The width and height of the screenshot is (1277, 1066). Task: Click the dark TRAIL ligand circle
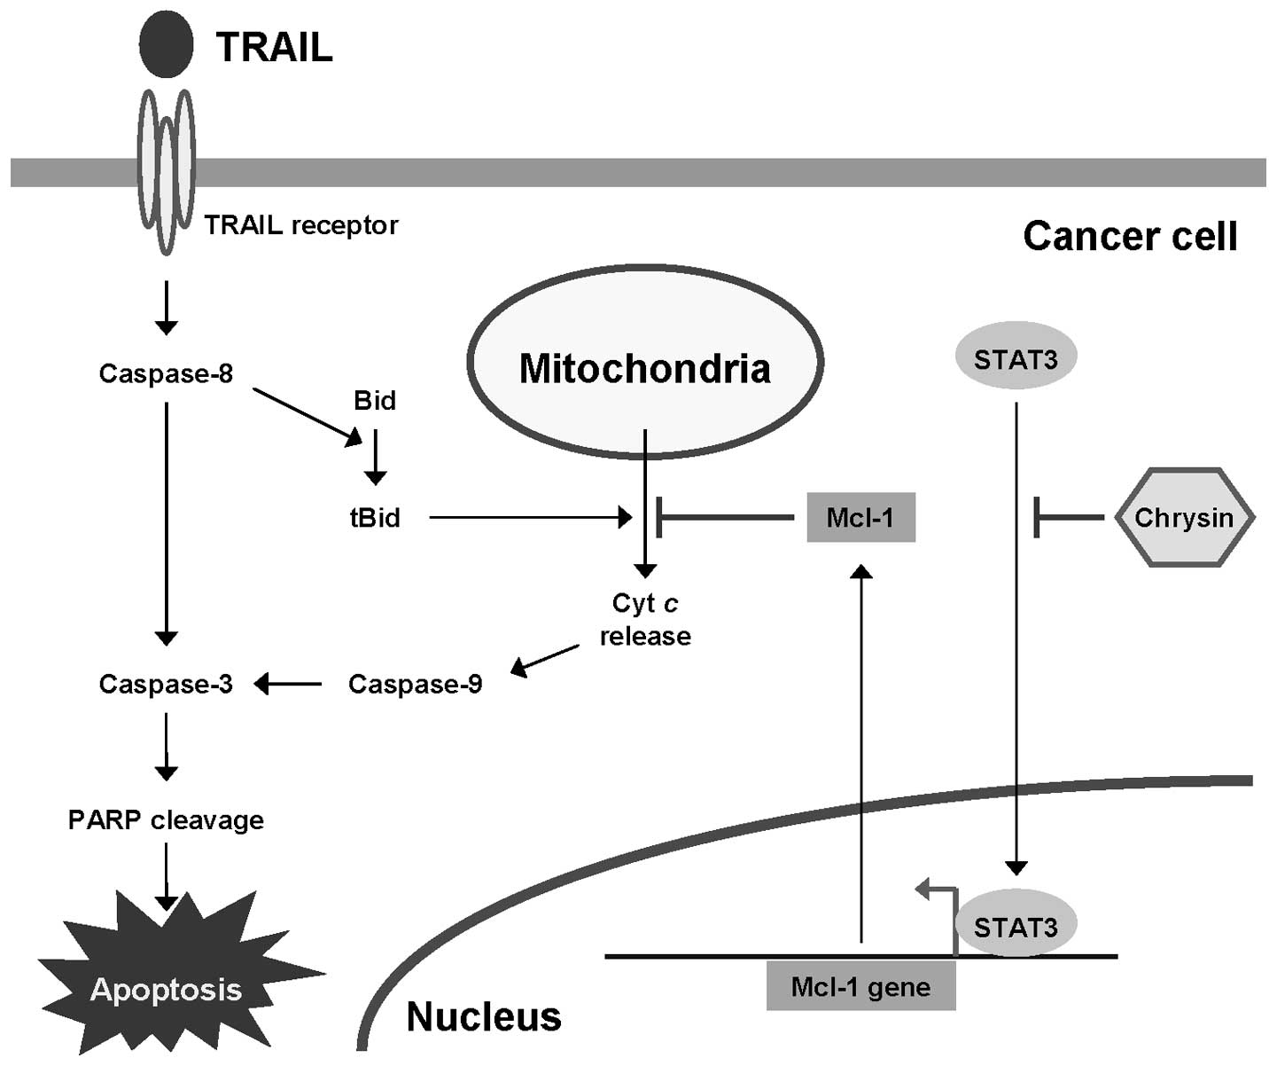pyautogui.click(x=166, y=45)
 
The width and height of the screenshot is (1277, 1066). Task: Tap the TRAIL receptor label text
pyautogui.click(x=301, y=225)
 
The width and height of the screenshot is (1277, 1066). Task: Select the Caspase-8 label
pyautogui.click(x=166, y=374)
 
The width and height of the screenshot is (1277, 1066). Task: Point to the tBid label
pyautogui.click(x=375, y=518)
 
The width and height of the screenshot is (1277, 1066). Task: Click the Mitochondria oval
pyautogui.click(x=645, y=363)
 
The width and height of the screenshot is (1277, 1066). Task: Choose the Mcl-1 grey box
pyautogui.click(x=860, y=518)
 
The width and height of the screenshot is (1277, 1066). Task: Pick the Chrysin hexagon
pyautogui.click(x=1184, y=518)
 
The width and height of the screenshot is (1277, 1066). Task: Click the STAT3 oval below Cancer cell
pyautogui.click(x=1016, y=359)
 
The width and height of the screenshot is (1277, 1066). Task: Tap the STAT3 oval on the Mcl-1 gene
pyautogui.click(x=1016, y=927)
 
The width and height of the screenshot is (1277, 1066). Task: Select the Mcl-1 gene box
pyautogui.click(x=860, y=987)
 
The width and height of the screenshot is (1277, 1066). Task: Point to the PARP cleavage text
pyautogui.click(x=166, y=820)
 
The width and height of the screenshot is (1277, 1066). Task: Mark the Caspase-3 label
pyautogui.click(x=166, y=685)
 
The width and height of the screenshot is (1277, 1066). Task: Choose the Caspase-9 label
pyautogui.click(x=415, y=685)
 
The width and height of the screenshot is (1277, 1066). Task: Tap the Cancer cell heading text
pyautogui.click(x=1130, y=237)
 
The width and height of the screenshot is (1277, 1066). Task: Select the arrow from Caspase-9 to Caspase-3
pyautogui.click(x=289, y=684)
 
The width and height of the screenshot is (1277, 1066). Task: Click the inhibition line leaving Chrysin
pyautogui.click(x=1071, y=517)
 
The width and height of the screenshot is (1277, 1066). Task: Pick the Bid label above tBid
pyautogui.click(x=375, y=401)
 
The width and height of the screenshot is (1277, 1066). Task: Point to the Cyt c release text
pyautogui.click(x=645, y=620)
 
